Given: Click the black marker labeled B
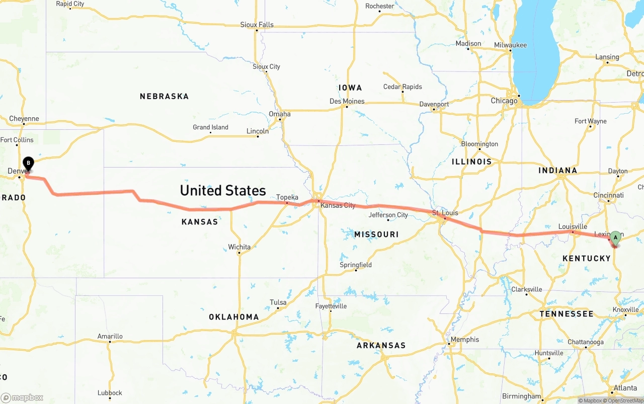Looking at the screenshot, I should pyautogui.click(x=29, y=163).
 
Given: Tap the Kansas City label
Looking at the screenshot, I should pyautogui.click(x=338, y=205).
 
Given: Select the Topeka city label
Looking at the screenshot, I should pyautogui.click(x=287, y=197).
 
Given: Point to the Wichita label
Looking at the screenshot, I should pyautogui.click(x=239, y=247).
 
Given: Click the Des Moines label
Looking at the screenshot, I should pyautogui.click(x=347, y=101).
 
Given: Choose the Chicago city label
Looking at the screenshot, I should pyautogui.click(x=504, y=101).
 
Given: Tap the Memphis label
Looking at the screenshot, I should pyautogui.click(x=464, y=340).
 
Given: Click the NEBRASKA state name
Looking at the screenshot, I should pyautogui.click(x=164, y=96).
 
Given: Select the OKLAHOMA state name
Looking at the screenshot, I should pyautogui.click(x=234, y=317).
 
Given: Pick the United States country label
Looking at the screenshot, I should pyautogui.click(x=223, y=190).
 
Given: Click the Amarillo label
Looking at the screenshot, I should pyautogui.click(x=110, y=336).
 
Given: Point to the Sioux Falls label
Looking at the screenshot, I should pyautogui.click(x=257, y=25).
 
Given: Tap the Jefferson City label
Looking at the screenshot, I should pyautogui.click(x=388, y=215).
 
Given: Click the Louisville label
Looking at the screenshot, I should pyautogui.click(x=573, y=226).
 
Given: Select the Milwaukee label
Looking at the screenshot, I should pyautogui.click(x=510, y=45).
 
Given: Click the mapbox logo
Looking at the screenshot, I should pyautogui.click(x=22, y=397).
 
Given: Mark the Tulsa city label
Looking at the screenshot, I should pyautogui.click(x=278, y=302).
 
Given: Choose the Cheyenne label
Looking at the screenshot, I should pyautogui.click(x=24, y=119).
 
